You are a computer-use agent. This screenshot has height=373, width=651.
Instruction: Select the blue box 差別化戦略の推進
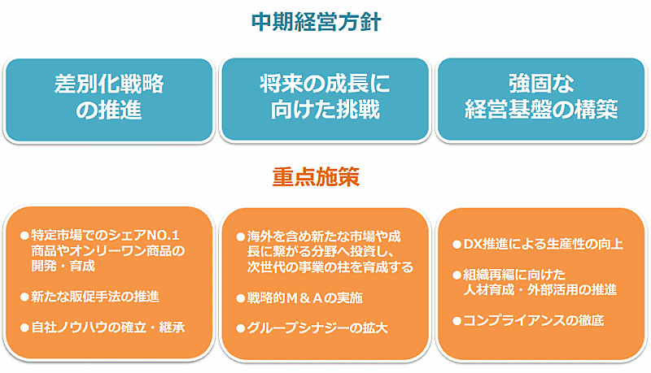(109, 97)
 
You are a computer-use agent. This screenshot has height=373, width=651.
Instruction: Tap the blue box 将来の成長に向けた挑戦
(325, 97)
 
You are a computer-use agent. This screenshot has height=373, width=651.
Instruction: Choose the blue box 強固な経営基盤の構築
(540, 97)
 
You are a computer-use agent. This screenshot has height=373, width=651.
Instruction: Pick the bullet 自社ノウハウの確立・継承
(107, 328)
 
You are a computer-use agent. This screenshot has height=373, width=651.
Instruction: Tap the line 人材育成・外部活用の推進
(540, 289)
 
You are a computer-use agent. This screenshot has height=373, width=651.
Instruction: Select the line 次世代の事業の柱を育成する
(330, 267)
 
